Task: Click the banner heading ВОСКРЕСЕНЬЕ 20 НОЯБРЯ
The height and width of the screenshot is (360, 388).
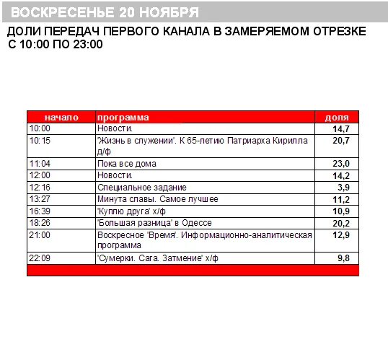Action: (x=105, y=12)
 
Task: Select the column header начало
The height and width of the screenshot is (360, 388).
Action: (x=61, y=117)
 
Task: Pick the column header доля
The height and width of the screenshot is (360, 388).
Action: (x=337, y=117)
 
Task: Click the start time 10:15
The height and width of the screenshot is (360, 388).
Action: (x=40, y=141)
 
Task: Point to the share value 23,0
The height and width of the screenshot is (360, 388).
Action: (x=340, y=164)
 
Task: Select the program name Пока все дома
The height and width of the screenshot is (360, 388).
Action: (x=125, y=164)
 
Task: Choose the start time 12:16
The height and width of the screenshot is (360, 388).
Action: (x=40, y=188)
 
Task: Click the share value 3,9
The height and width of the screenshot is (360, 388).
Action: (x=343, y=188)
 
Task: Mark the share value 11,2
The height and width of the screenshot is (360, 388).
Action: (x=340, y=199)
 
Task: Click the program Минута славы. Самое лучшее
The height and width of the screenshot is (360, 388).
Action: (x=157, y=199)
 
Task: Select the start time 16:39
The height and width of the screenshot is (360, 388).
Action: (x=40, y=211)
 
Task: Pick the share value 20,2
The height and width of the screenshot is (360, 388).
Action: (x=340, y=223)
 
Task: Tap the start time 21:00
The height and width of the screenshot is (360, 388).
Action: (x=40, y=235)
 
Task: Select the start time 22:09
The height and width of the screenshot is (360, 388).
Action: (x=40, y=258)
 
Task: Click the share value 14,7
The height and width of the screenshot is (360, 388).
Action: (x=340, y=128)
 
